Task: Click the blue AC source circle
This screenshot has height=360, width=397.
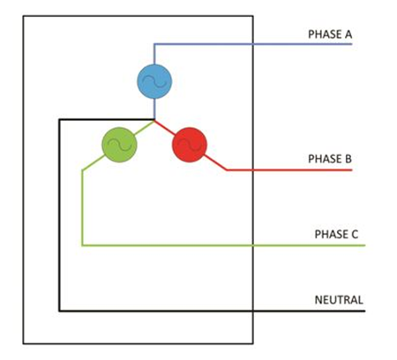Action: tap(154, 81)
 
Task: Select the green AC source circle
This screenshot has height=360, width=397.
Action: tap(119, 145)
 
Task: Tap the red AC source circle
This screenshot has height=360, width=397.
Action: tap(190, 145)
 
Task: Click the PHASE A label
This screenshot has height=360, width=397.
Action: tap(330, 34)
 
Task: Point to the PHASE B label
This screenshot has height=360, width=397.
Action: tap(330, 159)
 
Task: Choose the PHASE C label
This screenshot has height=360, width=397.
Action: tap(336, 235)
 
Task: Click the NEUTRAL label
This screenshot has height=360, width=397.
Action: tap(339, 300)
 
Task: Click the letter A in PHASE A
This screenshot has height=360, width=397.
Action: tap(348, 34)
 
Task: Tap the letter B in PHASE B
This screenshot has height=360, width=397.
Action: tap(348, 159)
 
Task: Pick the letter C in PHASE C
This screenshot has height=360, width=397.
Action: tap(355, 235)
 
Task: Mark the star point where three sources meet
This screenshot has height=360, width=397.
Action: tap(154, 120)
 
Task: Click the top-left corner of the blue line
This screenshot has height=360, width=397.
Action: tap(154, 44)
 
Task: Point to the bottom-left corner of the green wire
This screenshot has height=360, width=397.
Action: tap(83, 245)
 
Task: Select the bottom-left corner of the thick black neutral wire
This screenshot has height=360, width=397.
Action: tap(59, 311)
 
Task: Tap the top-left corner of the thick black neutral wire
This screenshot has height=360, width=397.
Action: tap(59, 119)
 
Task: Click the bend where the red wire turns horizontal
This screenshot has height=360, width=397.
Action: tap(227, 169)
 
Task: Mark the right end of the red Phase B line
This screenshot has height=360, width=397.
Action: tap(352, 169)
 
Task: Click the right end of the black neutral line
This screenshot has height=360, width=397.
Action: tap(364, 311)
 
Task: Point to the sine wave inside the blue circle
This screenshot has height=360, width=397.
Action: tap(154, 81)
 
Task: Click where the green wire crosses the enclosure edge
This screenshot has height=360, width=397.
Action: tap(253, 245)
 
